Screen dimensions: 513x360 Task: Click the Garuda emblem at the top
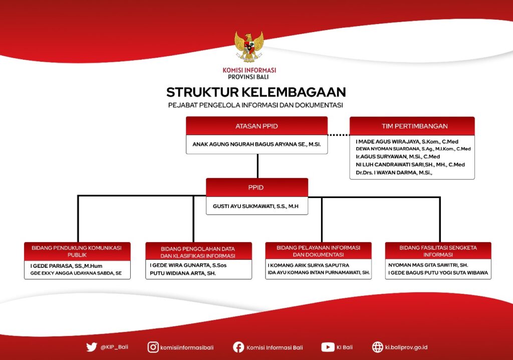point(249,47)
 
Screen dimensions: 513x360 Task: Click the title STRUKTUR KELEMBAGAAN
point(256,92)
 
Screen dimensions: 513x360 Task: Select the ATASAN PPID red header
point(257,126)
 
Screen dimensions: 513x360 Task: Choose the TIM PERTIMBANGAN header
point(412,126)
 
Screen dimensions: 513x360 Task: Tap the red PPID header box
point(257,188)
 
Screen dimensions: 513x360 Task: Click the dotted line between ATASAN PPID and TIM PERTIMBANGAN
point(339,135)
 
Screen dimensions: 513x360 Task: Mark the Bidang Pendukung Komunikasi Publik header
point(77,251)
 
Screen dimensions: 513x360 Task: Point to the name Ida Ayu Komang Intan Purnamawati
point(319,273)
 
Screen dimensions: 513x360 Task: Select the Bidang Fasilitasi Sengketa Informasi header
point(438,251)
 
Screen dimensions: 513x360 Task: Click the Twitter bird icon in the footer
point(92,347)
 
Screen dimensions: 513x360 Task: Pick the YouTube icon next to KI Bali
point(328,347)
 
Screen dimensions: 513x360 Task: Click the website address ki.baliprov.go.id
point(406,347)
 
